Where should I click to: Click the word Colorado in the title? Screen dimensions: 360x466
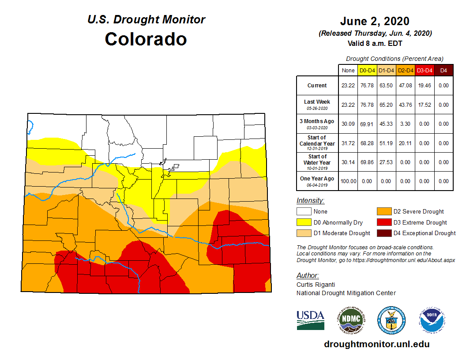coord(146,39)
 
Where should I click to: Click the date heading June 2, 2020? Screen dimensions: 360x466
coord(375,21)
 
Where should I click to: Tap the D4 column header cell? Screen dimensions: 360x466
coord(443,70)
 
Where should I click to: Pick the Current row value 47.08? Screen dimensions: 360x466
coord(405,86)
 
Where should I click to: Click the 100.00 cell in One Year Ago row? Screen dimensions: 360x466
coord(348,181)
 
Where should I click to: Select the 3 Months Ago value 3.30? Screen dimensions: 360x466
coord(405,124)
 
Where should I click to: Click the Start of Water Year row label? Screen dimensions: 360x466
coord(317,162)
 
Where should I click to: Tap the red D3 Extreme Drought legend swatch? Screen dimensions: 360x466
coord(383,222)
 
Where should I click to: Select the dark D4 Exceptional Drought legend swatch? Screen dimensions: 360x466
coord(383,233)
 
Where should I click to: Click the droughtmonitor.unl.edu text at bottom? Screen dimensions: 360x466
coord(376,344)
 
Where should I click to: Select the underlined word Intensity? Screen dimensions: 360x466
coord(310,201)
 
